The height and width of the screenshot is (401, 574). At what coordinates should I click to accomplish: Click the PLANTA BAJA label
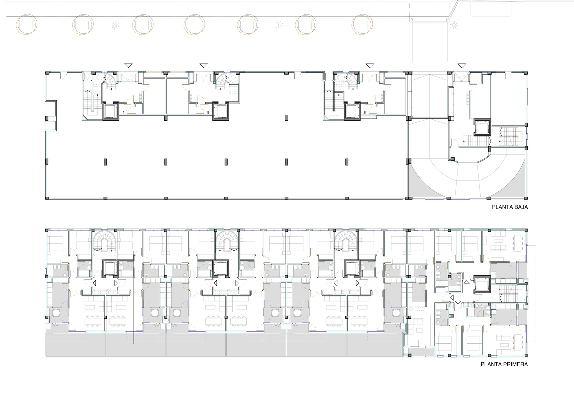pos(510,207)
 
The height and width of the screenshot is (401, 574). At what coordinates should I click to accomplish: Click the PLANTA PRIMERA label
pos(504,364)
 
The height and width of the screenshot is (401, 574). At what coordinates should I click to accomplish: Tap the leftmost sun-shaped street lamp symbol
pos(115,25)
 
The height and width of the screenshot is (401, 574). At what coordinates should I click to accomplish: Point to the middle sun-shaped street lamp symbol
pos(280,25)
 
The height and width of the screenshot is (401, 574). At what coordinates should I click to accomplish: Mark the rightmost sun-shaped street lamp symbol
pos(454,25)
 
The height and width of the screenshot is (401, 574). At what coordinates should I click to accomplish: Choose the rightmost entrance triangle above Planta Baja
pos(462,66)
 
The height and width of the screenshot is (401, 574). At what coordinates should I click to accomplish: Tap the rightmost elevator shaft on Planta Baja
pos(482,127)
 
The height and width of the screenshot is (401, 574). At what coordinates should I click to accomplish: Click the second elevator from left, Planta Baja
pos(221,111)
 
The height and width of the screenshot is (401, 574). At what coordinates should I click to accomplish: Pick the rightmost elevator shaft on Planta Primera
pos(482,284)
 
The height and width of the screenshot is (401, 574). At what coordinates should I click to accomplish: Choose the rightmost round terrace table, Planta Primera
pos(396,313)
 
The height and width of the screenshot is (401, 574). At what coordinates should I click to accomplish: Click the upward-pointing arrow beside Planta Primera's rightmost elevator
pos(467,282)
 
